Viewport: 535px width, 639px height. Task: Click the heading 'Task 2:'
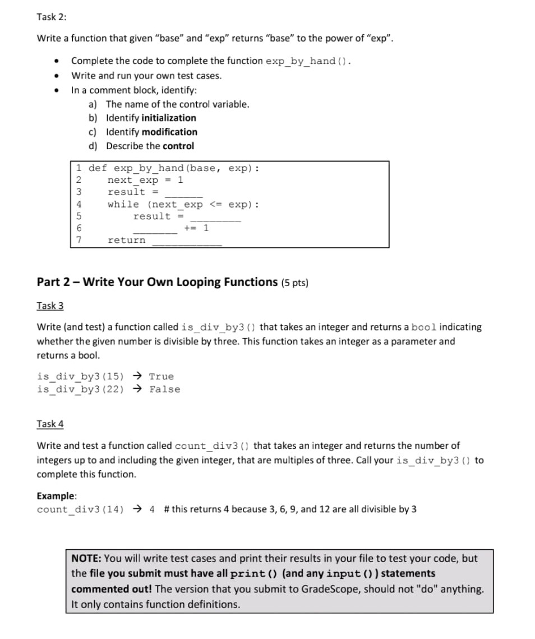(x=51, y=17)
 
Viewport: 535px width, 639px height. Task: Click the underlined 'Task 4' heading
(x=50, y=424)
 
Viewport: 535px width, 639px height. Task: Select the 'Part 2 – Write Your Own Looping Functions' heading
(x=157, y=282)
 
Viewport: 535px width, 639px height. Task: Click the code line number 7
(x=79, y=240)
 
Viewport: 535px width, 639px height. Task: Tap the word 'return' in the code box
(x=126, y=240)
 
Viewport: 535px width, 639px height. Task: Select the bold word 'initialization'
(x=169, y=118)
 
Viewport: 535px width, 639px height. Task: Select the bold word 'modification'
(x=169, y=132)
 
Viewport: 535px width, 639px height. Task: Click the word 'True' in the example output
(x=162, y=376)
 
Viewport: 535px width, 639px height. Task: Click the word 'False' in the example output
(x=165, y=389)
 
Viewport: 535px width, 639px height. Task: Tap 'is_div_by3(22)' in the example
(x=80, y=389)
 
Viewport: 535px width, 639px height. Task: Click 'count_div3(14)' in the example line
(x=80, y=509)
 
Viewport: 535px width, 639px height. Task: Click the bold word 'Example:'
(x=57, y=496)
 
